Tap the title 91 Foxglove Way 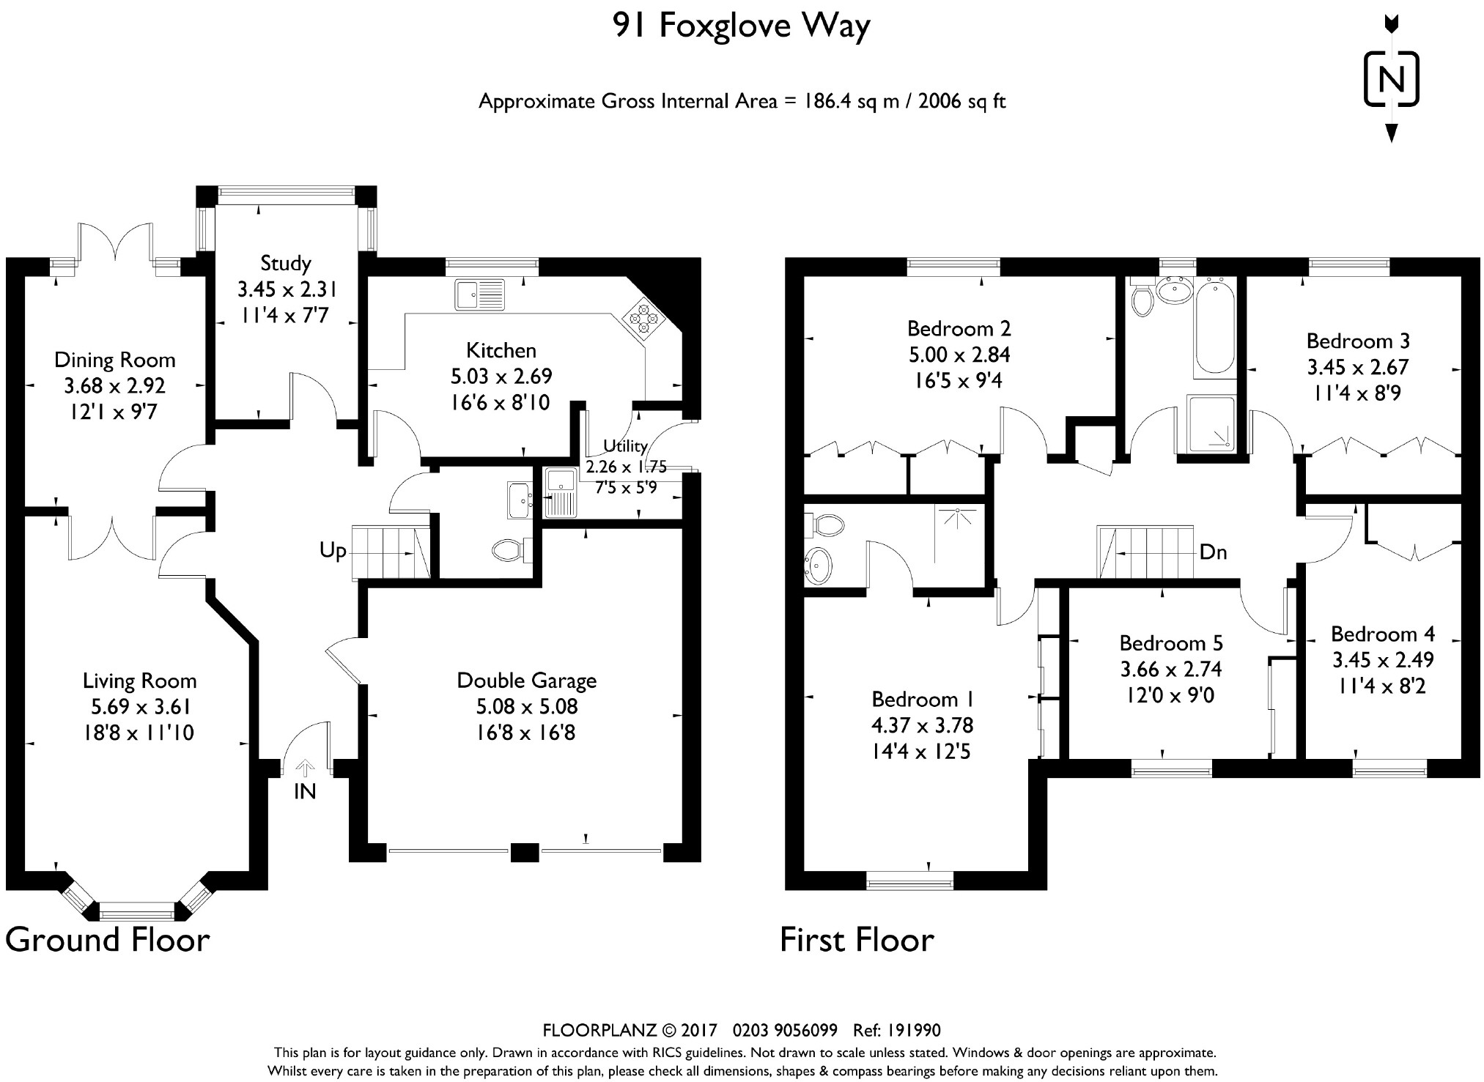coord(742,26)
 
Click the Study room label coord(286,263)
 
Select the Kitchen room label coord(501,350)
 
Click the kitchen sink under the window coord(479,294)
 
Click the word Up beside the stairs coord(333,551)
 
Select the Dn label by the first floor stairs coord(1214,552)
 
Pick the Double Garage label coord(527,681)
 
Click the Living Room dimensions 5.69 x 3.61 coord(139,707)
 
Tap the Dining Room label coord(115,360)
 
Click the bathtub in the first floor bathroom coord(1214,327)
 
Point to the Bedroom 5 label coord(1171,643)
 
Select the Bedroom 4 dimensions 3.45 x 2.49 coord(1383,660)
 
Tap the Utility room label coord(625,446)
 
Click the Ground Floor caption coord(108,940)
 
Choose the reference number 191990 coord(914,1031)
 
